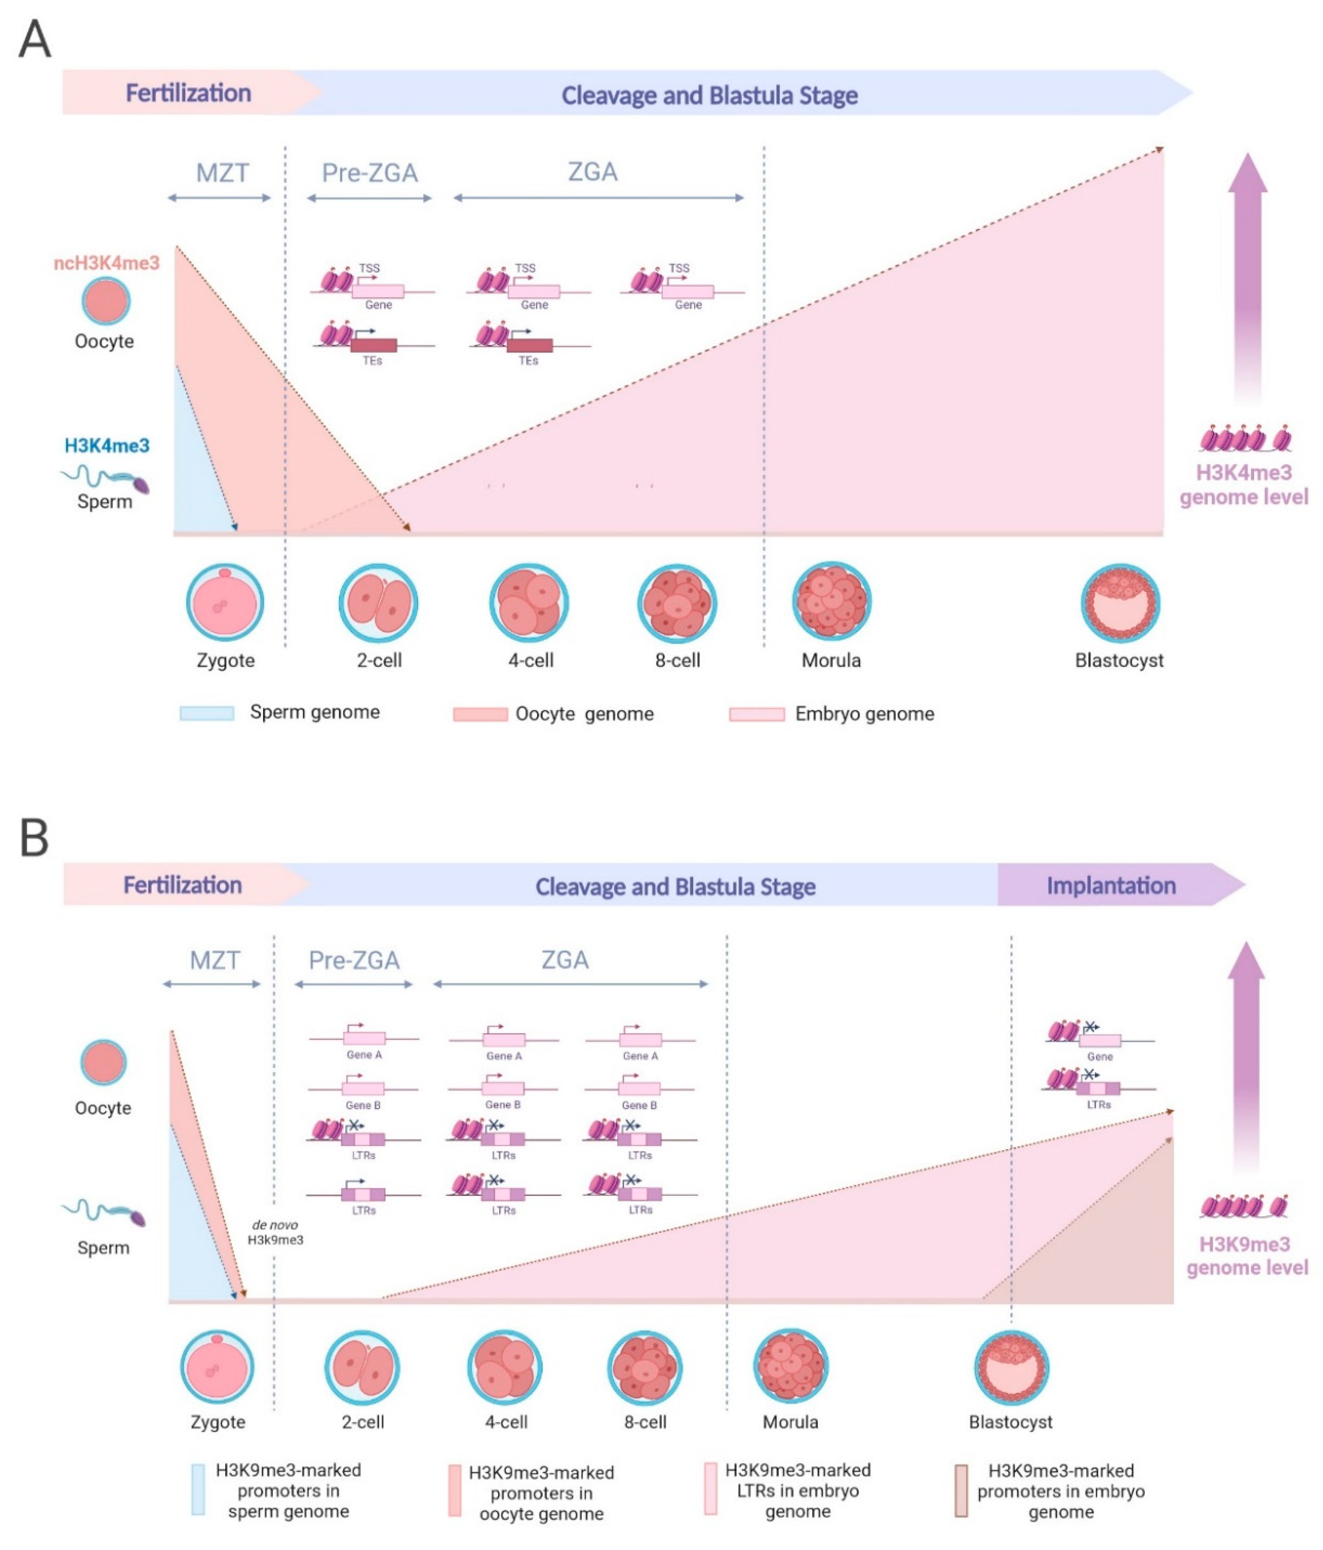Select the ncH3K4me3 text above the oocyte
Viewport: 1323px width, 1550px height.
coord(106,263)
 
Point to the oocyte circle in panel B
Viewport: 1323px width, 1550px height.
coord(103,1062)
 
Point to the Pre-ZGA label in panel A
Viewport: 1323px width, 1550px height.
coord(370,173)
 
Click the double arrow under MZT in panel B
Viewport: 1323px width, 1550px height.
coord(212,984)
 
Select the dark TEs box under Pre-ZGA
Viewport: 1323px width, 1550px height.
coord(374,346)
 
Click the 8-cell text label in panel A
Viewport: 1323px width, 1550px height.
coord(678,660)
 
